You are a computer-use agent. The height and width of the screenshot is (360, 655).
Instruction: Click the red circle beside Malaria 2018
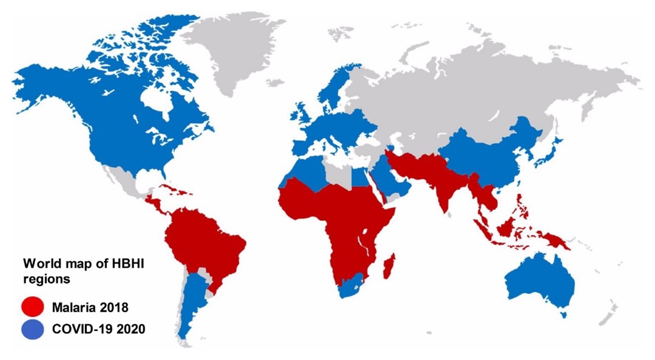click(32, 305)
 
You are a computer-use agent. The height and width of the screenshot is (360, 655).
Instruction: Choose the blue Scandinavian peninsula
click(331, 91)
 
